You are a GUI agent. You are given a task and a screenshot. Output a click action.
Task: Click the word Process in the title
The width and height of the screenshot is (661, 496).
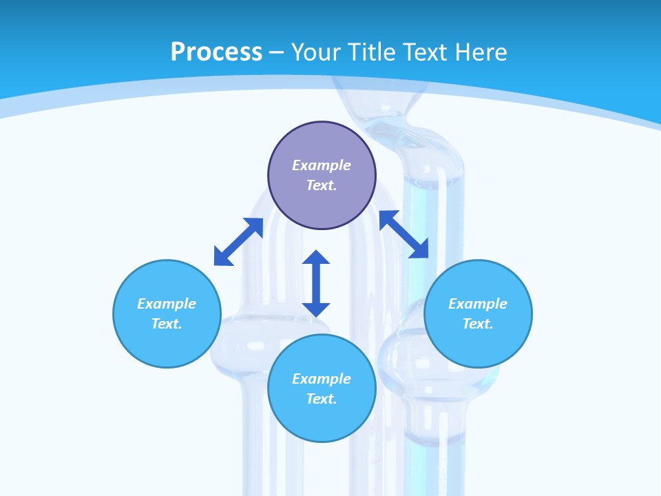[216, 52]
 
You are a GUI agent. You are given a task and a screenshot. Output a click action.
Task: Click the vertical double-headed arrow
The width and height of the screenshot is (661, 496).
[316, 283]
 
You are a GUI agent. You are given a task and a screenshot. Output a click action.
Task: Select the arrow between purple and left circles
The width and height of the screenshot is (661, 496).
[238, 242]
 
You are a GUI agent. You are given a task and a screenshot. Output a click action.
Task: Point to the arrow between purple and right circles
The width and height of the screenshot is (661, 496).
[403, 234]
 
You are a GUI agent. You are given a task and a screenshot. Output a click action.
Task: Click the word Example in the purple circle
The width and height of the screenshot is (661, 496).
[322, 165]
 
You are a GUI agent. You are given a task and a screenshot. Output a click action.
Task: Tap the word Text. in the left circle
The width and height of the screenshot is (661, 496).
[167, 324]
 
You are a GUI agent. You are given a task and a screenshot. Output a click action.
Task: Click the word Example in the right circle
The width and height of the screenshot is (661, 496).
[478, 304]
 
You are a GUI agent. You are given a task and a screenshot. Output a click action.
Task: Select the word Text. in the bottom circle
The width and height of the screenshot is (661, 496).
[322, 399]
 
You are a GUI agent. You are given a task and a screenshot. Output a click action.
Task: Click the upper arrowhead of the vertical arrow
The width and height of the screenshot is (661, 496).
[316, 258]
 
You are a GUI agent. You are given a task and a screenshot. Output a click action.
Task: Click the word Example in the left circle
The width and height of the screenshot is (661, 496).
[167, 304]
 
